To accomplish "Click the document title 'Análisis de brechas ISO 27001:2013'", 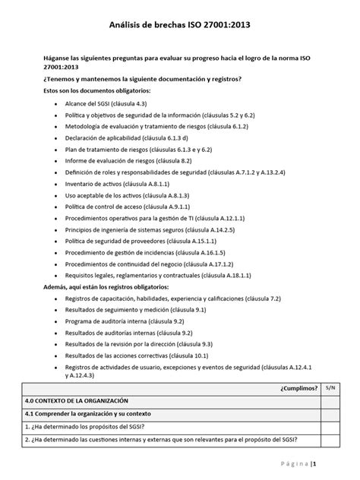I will point(179,25).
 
